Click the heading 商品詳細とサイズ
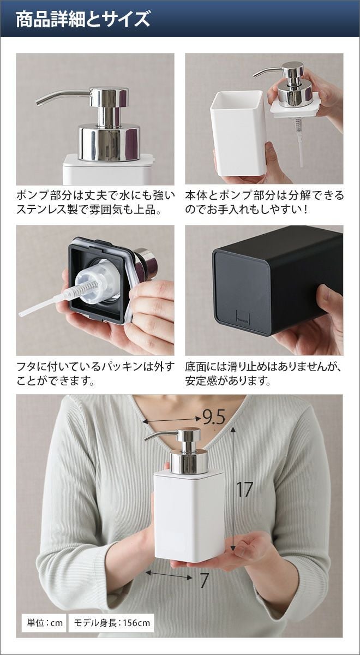83,19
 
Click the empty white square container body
238,134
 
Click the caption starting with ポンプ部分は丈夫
95,203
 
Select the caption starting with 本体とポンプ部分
264,203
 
